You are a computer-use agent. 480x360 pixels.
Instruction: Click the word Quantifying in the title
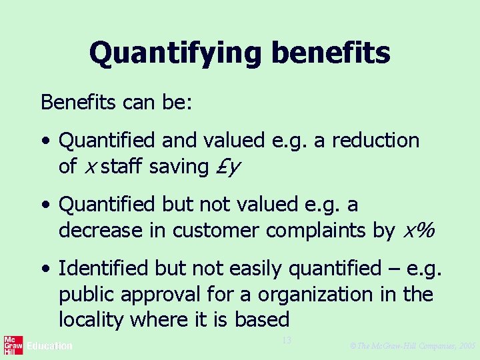pyautogui.click(x=173, y=53)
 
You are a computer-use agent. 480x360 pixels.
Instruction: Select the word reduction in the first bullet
pyautogui.click(x=375, y=141)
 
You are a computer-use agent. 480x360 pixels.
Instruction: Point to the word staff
pyautogui.click(x=122, y=167)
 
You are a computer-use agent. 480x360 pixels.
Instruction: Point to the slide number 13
pyautogui.click(x=287, y=341)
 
